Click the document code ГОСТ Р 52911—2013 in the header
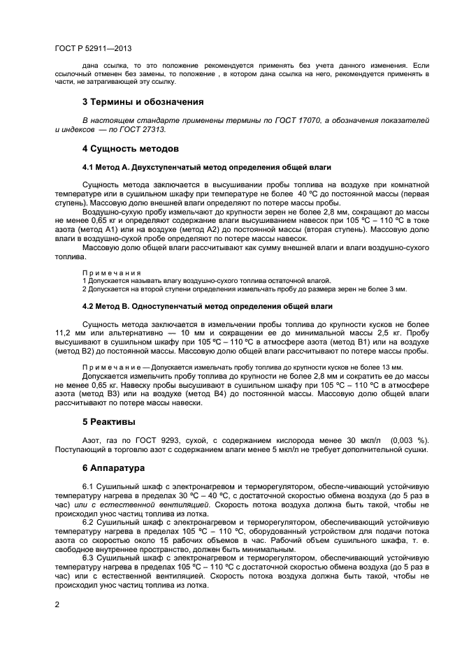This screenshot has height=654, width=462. point(93,49)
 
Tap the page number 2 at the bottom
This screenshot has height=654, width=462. point(57,604)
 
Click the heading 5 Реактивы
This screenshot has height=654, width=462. point(108,422)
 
